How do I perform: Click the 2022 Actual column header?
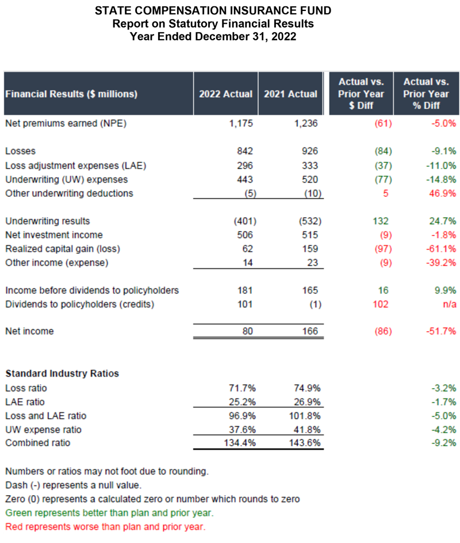pyautogui.click(x=225, y=94)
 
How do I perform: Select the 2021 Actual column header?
pyautogui.click(x=290, y=94)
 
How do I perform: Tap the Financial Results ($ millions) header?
pyautogui.click(x=71, y=94)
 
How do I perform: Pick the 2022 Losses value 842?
pyautogui.click(x=244, y=151)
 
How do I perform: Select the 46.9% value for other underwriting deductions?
pyautogui.click(x=444, y=193)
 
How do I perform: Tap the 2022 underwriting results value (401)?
pyautogui.click(x=242, y=221)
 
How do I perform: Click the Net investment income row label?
pyautogui.click(x=54, y=235)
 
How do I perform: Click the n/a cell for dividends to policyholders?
pyautogui.click(x=450, y=304)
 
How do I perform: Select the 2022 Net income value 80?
pyautogui.click(x=247, y=331)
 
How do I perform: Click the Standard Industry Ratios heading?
pyautogui.click(x=62, y=374)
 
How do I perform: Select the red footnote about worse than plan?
pyautogui.click(x=105, y=526)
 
